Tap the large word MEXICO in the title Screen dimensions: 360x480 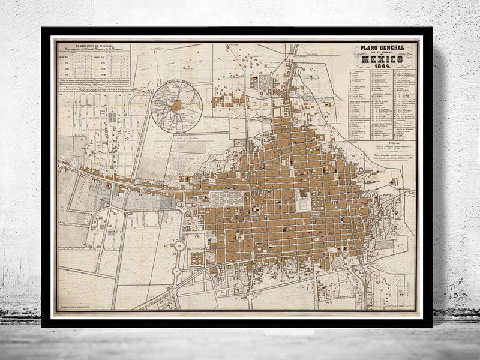(x=385, y=60)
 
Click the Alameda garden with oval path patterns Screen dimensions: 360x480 (x=226, y=199)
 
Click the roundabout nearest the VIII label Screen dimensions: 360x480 (x=179, y=245)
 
